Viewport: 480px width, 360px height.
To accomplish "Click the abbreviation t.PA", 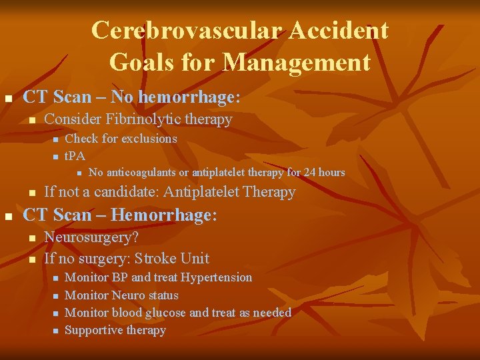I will click(x=75, y=156).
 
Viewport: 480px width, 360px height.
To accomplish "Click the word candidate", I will click(x=125, y=192).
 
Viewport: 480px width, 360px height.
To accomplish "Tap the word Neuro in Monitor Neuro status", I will click(x=128, y=295).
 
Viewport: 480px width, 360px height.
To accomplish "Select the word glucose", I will click(x=163, y=312).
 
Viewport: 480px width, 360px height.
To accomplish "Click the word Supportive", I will click(x=93, y=329).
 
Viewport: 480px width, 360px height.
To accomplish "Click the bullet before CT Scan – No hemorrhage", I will click(x=9, y=99).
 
